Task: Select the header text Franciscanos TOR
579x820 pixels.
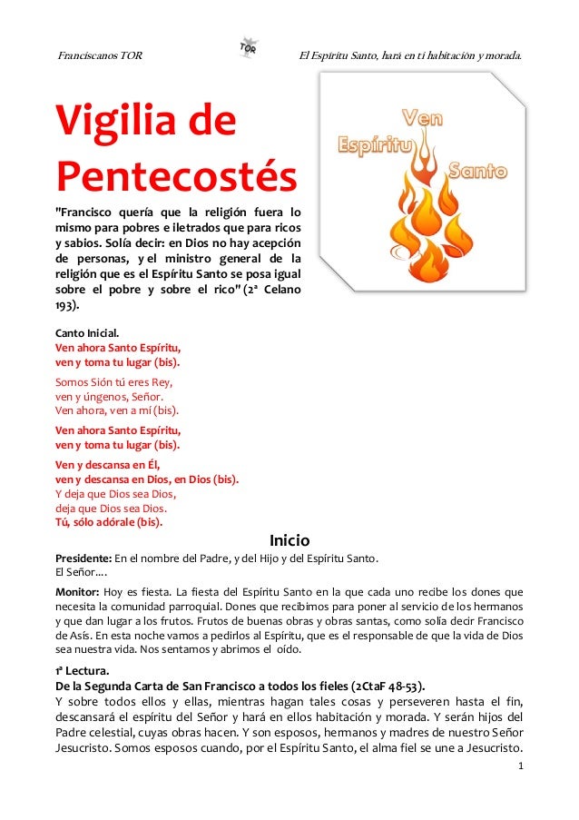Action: click(99, 55)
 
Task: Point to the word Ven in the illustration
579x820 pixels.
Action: click(421, 116)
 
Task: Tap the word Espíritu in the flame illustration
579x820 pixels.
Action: click(375, 145)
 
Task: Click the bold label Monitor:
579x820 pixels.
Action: click(79, 590)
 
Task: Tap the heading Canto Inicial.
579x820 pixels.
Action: click(87, 333)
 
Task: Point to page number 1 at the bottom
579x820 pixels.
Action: click(519, 766)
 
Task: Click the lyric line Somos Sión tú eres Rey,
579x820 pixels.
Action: click(113, 382)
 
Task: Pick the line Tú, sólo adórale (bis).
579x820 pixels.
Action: click(109, 522)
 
